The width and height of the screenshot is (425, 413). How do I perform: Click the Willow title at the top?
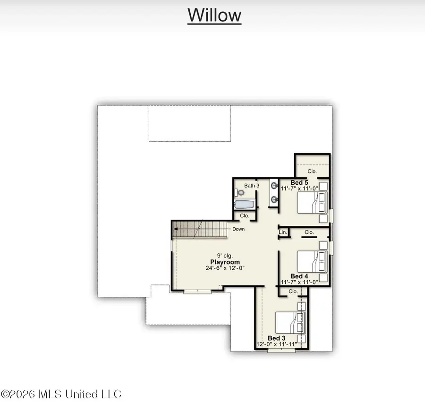point(214,15)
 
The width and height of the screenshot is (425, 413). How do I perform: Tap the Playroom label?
point(225,262)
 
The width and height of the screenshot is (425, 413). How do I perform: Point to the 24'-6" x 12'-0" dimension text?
point(225,268)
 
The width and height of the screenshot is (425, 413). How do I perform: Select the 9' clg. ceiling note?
point(225,256)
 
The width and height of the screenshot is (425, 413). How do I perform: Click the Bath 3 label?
point(252,186)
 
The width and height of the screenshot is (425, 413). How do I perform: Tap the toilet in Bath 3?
point(239,193)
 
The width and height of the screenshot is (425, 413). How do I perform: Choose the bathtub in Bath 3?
point(244,205)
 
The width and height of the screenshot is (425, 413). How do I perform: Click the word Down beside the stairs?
point(238,229)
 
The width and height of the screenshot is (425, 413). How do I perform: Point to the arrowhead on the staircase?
point(176,229)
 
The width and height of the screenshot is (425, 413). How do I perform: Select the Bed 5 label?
point(299,182)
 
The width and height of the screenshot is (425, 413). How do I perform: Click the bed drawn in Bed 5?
point(312,203)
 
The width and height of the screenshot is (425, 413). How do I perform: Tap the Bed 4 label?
point(299,276)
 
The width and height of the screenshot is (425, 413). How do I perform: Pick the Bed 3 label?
point(276,338)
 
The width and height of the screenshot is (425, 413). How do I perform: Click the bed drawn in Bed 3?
point(290,323)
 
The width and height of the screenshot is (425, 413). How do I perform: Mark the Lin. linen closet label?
point(283,232)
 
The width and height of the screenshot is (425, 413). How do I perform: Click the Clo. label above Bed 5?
point(312,171)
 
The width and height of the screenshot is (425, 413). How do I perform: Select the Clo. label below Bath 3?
point(245,215)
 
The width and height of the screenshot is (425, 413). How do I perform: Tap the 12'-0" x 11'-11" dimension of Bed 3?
point(277,344)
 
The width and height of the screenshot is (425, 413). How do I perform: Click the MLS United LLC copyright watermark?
point(61,394)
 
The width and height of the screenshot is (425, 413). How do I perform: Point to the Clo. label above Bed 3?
point(293,291)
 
